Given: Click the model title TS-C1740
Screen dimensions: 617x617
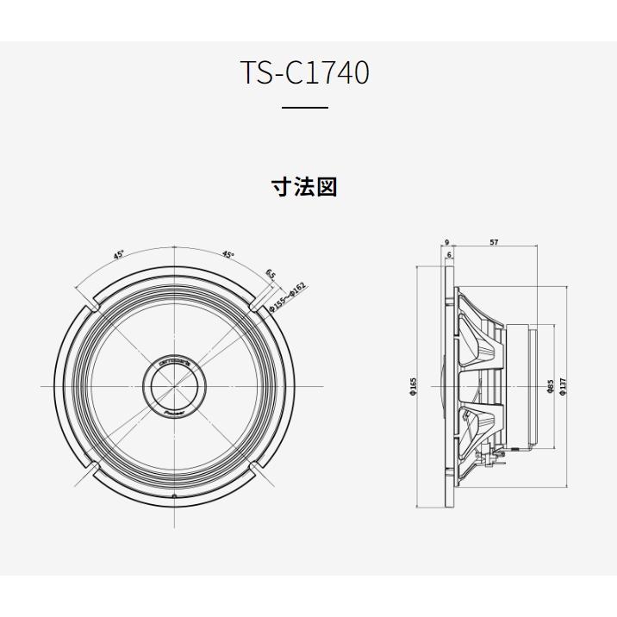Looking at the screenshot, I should (x=304, y=73).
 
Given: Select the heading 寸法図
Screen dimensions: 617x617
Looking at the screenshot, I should (x=304, y=187).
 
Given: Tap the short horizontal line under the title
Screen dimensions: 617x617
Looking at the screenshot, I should (x=305, y=108).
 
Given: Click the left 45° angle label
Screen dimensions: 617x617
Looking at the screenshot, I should (x=119, y=254).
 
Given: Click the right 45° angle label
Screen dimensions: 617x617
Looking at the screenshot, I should (x=228, y=254).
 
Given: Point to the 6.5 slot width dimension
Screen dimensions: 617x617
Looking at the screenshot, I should (x=271, y=274).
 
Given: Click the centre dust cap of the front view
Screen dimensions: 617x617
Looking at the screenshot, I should (x=174, y=386).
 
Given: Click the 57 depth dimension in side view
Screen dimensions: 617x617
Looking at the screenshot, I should (x=493, y=243).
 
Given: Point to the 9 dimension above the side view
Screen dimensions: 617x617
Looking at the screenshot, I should (x=447, y=243).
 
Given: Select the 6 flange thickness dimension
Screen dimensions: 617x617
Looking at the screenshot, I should (x=450, y=256).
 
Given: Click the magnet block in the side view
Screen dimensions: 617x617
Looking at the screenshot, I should (x=521, y=386).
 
